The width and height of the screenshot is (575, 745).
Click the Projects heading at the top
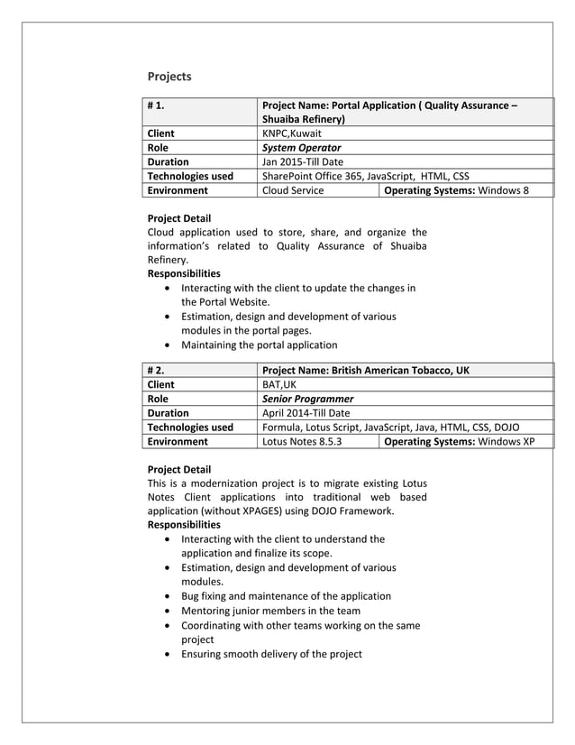click(169, 77)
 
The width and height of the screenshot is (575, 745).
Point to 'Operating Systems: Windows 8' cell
click(457, 190)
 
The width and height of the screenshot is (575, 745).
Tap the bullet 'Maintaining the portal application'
click(260, 345)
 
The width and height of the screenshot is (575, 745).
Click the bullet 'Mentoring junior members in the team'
click(270, 611)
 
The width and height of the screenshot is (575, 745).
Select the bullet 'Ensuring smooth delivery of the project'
click(271, 654)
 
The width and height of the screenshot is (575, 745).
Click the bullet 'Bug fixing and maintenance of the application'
click(286, 596)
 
